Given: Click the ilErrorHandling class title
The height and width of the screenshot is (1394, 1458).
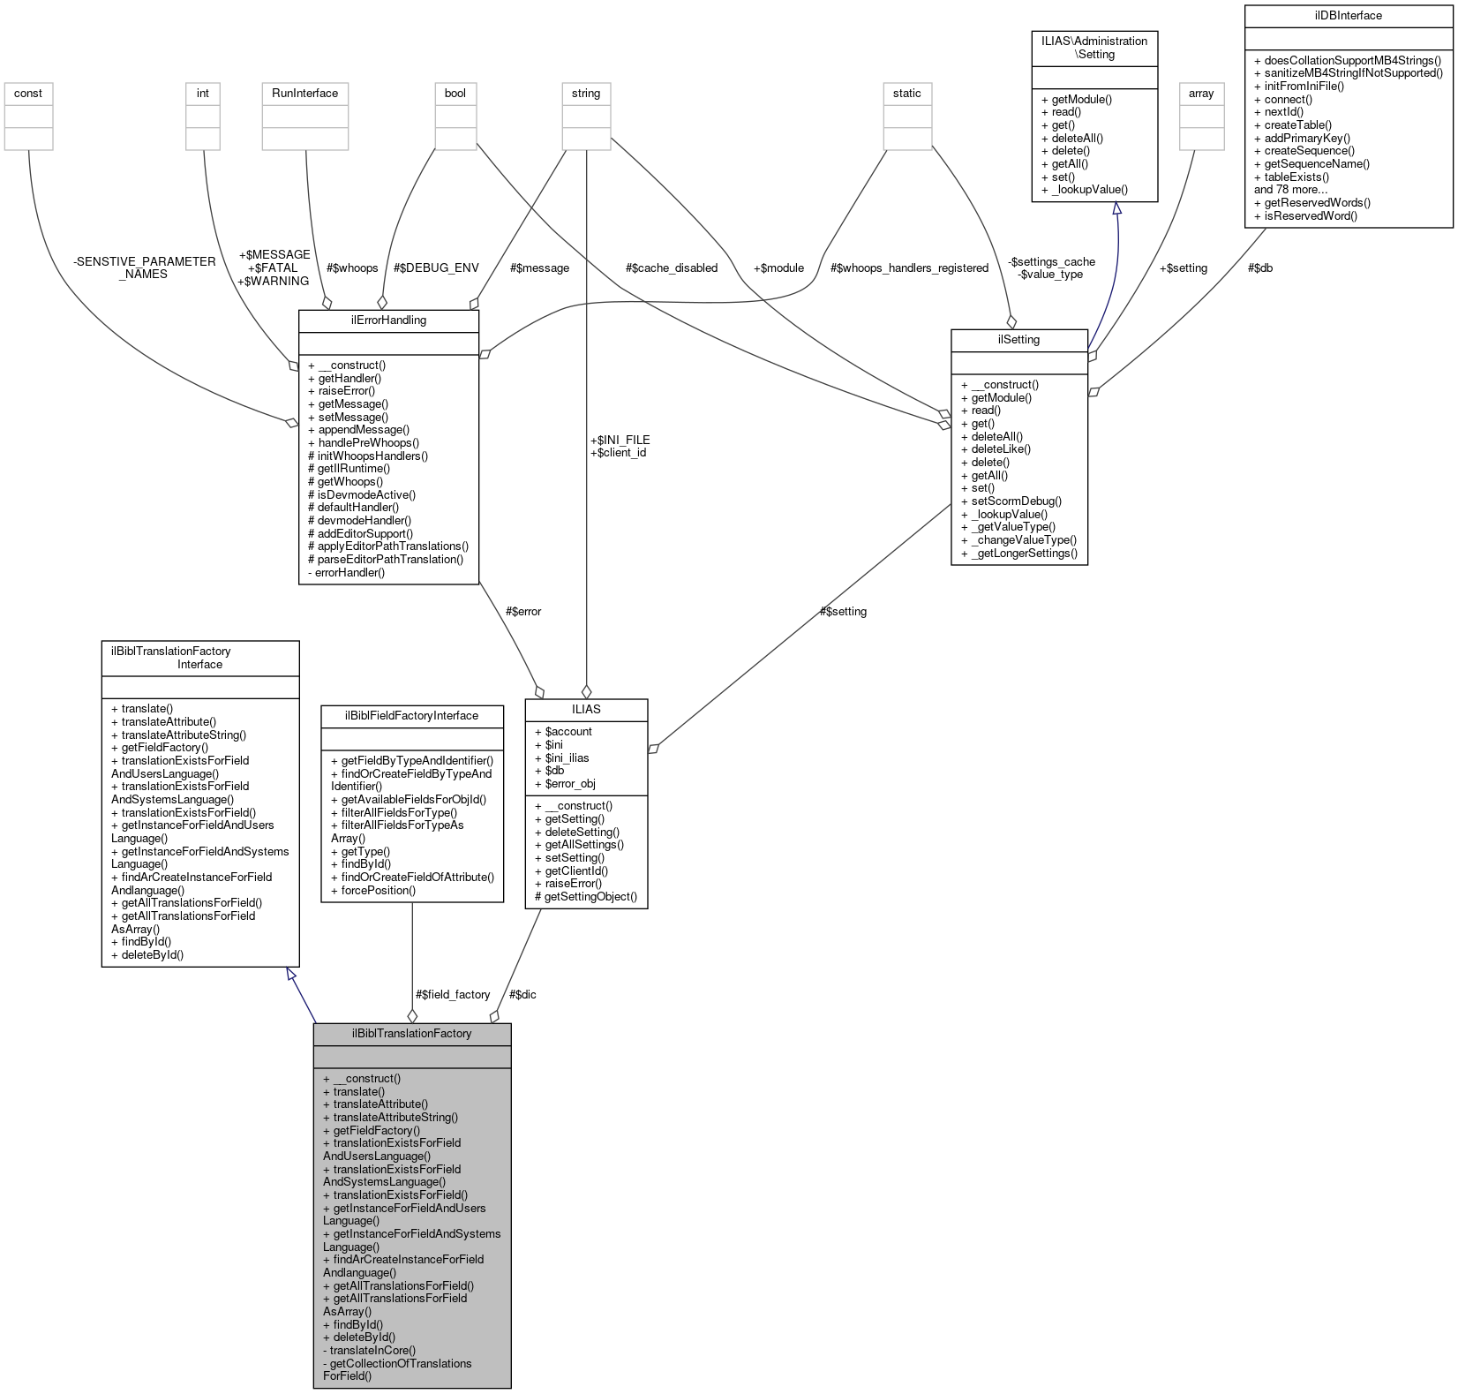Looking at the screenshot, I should (x=388, y=320).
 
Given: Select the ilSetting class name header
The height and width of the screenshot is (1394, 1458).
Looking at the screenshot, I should (x=1018, y=339).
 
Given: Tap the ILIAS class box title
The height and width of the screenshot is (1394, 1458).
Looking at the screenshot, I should (x=586, y=709).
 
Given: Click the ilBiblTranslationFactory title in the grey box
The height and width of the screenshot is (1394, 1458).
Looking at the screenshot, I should (x=411, y=1033).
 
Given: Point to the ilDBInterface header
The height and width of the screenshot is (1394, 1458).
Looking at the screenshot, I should (x=1348, y=15).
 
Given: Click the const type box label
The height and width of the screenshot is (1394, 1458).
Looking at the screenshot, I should (x=28, y=93).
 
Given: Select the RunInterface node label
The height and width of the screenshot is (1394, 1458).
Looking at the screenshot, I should (x=304, y=93).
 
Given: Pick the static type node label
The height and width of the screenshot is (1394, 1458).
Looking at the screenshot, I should (x=906, y=93).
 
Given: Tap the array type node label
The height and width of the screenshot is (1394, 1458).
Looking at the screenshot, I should (x=1201, y=93).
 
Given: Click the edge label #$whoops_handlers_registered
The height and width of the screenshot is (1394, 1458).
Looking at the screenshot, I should (x=909, y=267).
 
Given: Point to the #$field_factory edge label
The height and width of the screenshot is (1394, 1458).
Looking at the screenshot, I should (x=453, y=994).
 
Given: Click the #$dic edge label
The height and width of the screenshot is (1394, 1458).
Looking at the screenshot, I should (x=522, y=994).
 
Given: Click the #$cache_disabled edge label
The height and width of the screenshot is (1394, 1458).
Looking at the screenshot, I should (x=671, y=267).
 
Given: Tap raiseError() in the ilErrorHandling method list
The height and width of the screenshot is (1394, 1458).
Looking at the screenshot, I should (x=346, y=390).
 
